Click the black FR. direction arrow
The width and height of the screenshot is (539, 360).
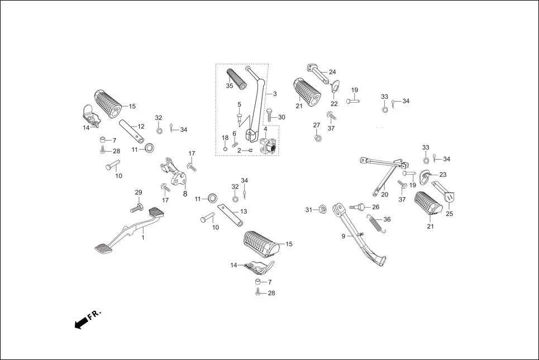click(82, 323)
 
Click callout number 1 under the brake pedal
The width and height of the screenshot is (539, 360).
click(142, 238)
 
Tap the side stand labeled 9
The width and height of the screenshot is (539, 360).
click(357, 234)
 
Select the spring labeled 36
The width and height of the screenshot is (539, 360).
click(374, 223)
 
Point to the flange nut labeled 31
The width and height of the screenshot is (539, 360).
click(322, 210)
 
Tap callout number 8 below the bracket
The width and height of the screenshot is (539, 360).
click(185, 194)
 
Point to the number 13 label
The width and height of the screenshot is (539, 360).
click(243, 212)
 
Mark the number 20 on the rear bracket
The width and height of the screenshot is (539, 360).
click(384, 194)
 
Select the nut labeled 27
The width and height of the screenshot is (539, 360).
click(317, 137)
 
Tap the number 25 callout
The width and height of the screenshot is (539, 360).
click(450, 214)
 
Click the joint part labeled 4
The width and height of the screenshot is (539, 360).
click(268, 147)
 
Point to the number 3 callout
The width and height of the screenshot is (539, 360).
click(274, 93)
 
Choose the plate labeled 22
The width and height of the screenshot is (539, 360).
click(335, 87)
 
